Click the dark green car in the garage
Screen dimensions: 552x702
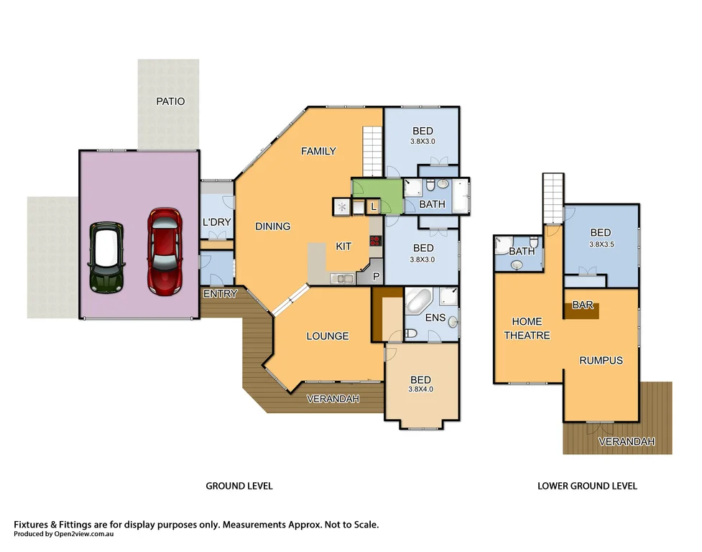106,257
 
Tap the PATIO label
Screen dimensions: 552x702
170,101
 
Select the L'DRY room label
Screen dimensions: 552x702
216,222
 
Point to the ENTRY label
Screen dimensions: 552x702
220,294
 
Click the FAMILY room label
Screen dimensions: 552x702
318,151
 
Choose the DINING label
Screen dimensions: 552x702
273,226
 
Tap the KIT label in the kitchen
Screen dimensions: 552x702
343,247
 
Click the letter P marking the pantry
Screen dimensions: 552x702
376,275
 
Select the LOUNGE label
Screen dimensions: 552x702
328,336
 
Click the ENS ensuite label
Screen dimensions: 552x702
435,317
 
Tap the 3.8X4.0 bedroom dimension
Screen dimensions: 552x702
421,390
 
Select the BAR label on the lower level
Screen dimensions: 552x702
582,305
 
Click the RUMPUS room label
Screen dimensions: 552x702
601,360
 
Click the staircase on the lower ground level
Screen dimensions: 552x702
552,199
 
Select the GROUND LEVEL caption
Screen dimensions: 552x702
239,486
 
